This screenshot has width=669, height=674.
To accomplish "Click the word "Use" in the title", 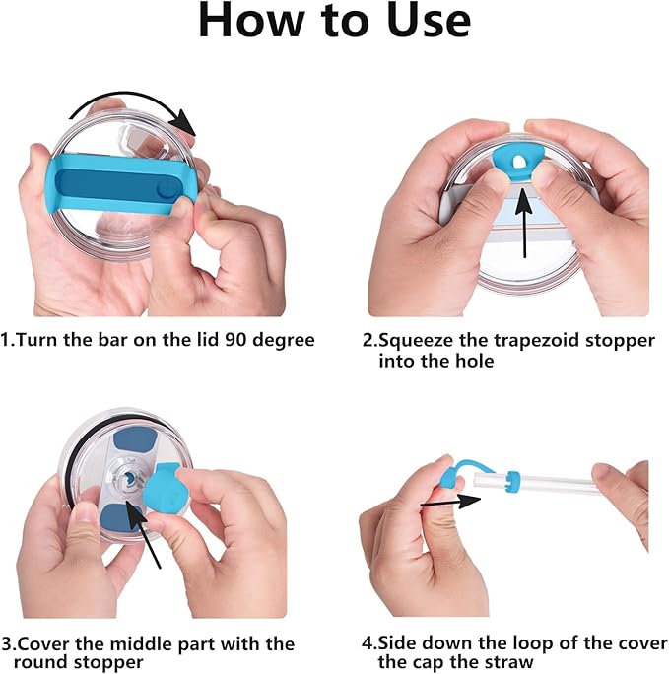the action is click(x=429, y=21).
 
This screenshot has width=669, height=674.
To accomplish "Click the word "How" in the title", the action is click(x=251, y=21).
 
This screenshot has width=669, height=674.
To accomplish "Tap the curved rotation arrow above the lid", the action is click(x=129, y=98).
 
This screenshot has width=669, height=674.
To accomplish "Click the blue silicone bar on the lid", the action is click(x=119, y=185).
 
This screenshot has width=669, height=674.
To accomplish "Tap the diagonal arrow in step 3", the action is click(x=144, y=536).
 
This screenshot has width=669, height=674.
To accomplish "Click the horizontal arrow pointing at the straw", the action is click(x=450, y=502).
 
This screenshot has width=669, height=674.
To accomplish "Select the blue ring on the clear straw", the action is click(x=513, y=482).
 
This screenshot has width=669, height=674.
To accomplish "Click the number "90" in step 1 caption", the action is click(x=235, y=340).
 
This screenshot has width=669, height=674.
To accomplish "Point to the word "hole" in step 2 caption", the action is click(x=475, y=361).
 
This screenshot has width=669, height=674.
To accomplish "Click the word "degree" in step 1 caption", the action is click(x=284, y=341).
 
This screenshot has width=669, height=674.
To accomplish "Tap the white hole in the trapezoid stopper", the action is click(x=519, y=162).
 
